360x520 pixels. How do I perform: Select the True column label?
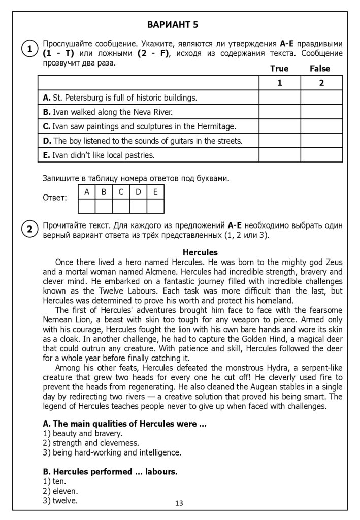pos(279,69)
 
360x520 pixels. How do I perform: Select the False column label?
pos(320,69)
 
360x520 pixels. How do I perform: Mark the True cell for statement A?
pos(280,97)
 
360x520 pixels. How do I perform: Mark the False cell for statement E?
pos(321,155)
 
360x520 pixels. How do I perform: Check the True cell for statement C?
pos(280,126)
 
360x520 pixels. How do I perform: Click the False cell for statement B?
pos(321,112)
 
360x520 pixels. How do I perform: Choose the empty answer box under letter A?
pos(87,206)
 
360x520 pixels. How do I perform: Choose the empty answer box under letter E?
pos(155,206)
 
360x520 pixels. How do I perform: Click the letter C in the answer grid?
pos(121,192)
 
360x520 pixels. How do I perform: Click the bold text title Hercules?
pos(200,252)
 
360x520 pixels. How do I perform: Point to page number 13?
pos(179,503)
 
